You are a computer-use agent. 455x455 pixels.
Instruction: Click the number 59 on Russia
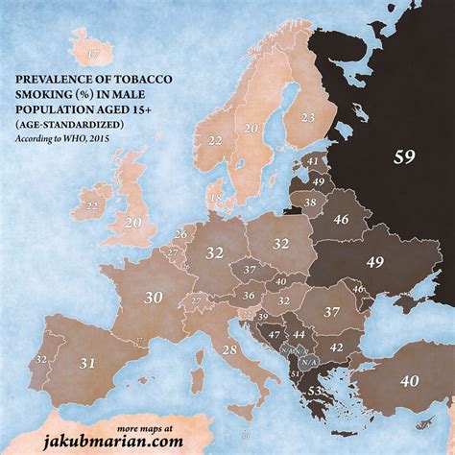point(404,157)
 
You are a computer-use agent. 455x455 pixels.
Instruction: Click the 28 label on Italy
point(228,350)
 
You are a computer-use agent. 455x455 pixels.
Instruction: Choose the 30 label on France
point(152,298)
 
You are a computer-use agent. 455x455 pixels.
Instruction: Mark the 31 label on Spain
point(86,363)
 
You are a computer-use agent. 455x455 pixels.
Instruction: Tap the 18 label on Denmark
point(215,199)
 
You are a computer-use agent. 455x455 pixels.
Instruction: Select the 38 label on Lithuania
point(310,203)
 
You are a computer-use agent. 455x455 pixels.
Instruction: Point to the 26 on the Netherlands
point(180,233)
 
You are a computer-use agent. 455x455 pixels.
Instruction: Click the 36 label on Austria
point(247,296)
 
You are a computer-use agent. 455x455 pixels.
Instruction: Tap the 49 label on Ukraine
point(374,262)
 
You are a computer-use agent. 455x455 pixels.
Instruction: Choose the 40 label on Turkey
point(410,381)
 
